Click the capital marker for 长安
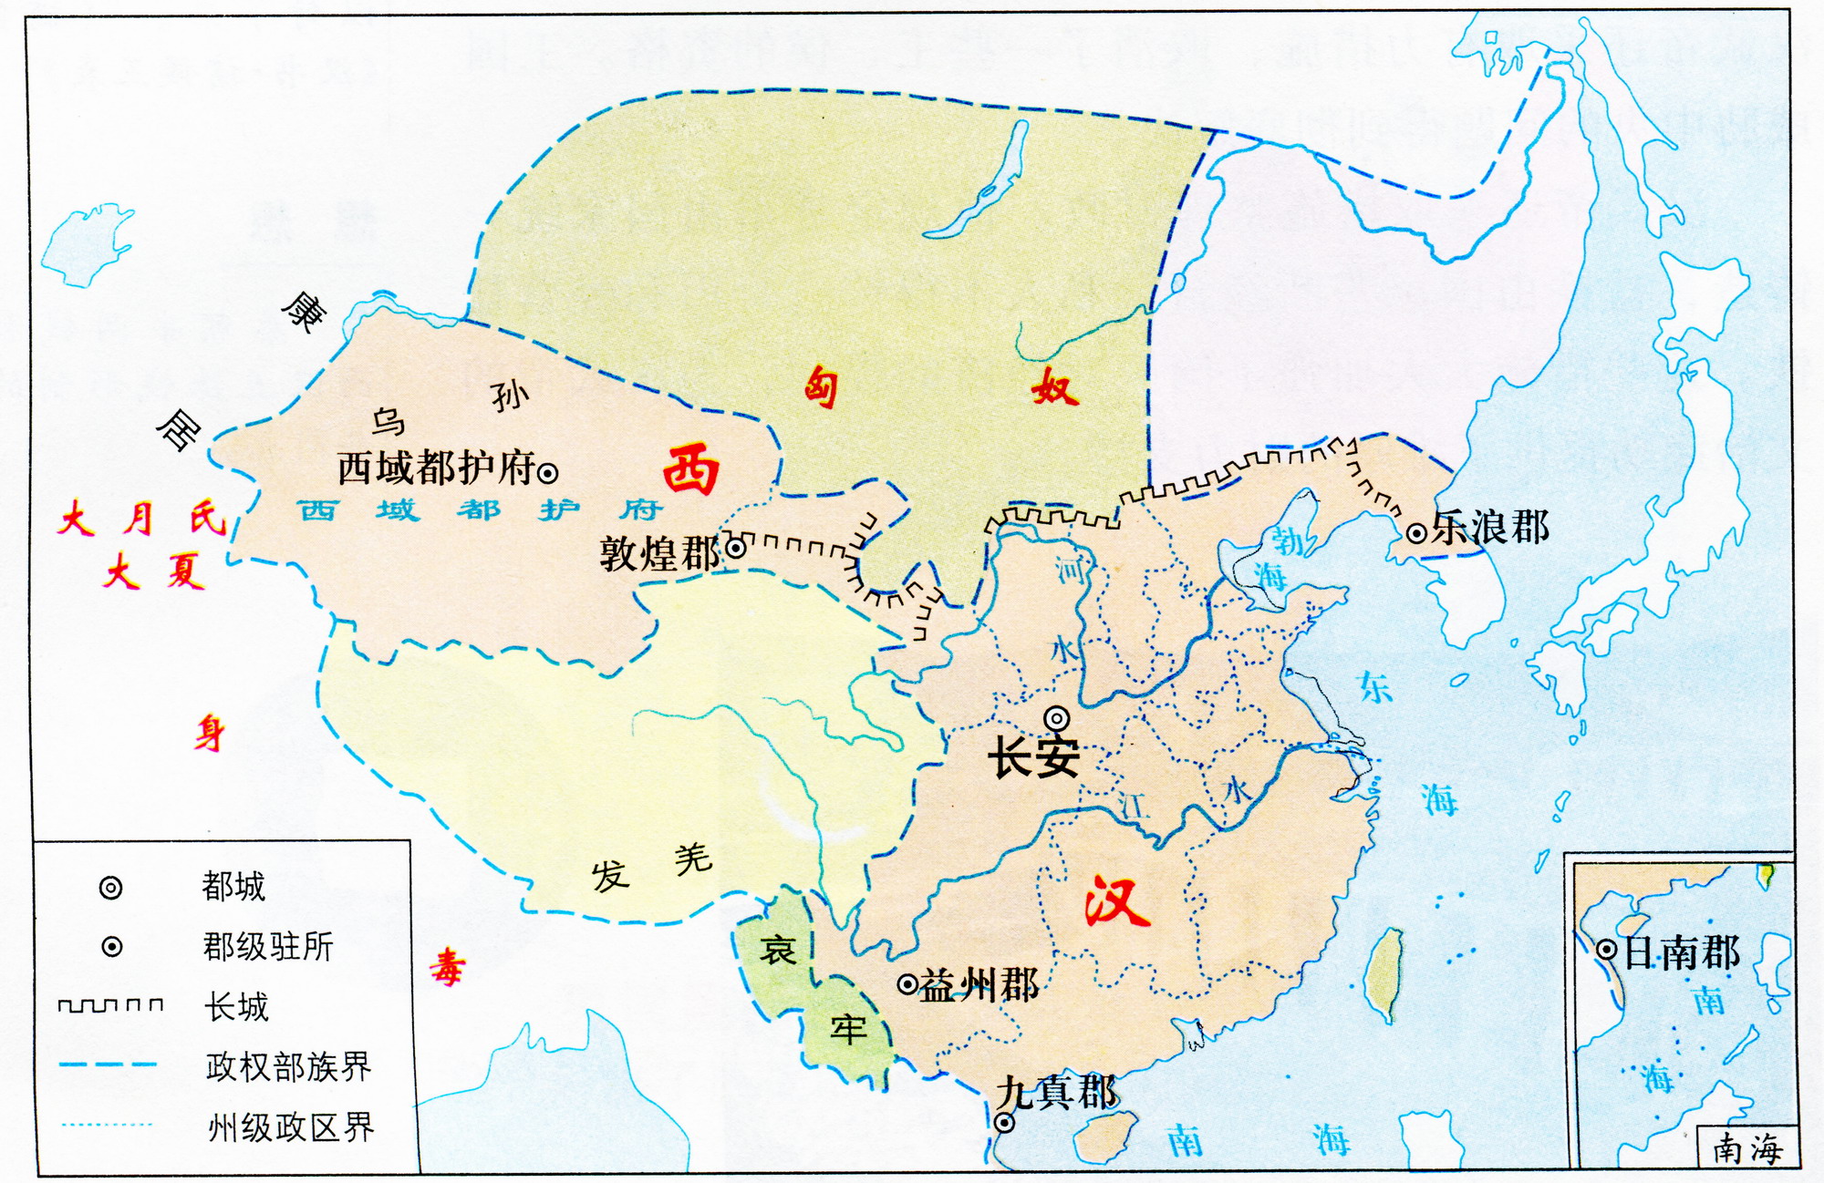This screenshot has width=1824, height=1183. point(1057,718)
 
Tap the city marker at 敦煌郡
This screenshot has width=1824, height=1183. point(735,549)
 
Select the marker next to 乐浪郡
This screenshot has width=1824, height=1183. point(1416,533)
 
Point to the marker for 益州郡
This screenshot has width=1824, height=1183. point(907,984)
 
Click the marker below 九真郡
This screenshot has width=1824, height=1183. point(1004,1123)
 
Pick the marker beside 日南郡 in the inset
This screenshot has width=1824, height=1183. point(1607,950)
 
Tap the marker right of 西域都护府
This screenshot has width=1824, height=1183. point(547,473)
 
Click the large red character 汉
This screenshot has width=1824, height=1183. point(1117,901)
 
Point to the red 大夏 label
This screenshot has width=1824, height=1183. point(153,573)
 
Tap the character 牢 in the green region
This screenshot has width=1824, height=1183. point(848,1030)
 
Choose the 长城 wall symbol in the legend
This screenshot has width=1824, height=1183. point(110,1005)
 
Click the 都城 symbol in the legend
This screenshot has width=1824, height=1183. point(110,888)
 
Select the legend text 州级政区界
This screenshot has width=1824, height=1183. point(290,1127)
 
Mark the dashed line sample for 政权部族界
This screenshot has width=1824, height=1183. point(107,1065)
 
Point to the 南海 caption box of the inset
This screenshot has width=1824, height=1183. point(1746,1148)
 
